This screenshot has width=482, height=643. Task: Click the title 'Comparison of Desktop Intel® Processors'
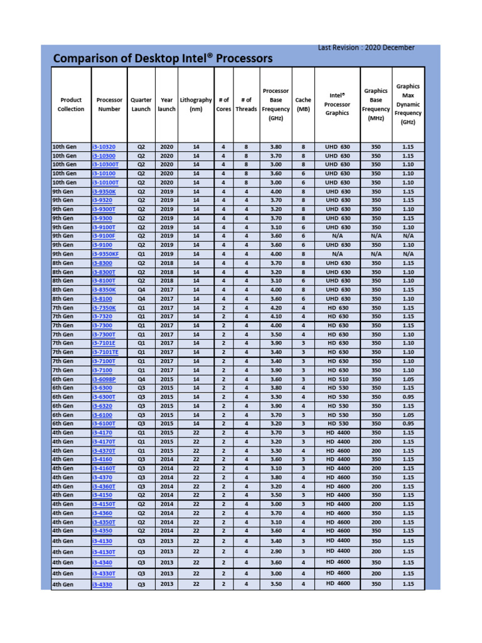pyautogui.click(x=163, y=59)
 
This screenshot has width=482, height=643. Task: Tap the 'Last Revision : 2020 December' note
pyautogui.click(x=366, y=48)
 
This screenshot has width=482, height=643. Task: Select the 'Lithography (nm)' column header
pyautogui.click(x=196, y=104)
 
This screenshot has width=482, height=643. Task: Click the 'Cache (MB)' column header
pyautogui.click(x=303, y=104)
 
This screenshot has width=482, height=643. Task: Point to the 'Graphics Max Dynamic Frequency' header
pyautogui.click(x=408, y=104)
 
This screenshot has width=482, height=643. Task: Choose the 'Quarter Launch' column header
pyautogui.click(x=141, y=104)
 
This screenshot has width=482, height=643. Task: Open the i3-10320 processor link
pyautogui.click(x=104, y=146)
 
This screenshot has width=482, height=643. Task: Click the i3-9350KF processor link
pyautogui.click(x=105, y=254)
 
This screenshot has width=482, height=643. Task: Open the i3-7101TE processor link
pyautogui.click(x=105, y=352)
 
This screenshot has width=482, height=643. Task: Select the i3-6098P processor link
pyautogui.click(x=104, y=379)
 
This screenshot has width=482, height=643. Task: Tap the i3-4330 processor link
pyautogui.click(x=102, y=585)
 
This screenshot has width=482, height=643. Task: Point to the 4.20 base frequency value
pyautogui.click(x=276, y=308)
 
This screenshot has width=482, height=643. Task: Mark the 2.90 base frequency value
pyautogui.click(x=276, y=551)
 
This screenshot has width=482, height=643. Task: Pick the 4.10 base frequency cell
pyautogui.click(x=276, y=316)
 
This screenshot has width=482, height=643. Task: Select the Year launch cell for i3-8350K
pyautogui.click(x=166, y=290)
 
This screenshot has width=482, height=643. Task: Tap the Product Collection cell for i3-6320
pyautogui.click(x=64, y=406)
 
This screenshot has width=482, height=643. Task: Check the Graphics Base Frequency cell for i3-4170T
pyautogui.click(x=375, y=441)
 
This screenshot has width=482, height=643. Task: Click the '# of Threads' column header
pyautogui.click(x=246, y=104)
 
